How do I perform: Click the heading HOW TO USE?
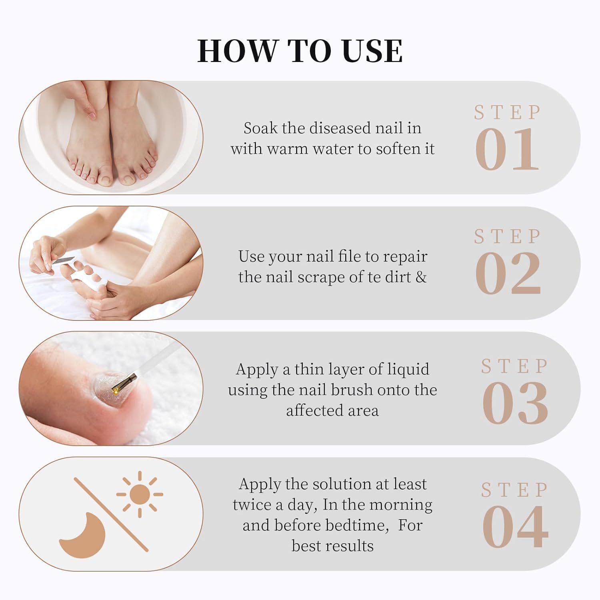(x=300, y=51)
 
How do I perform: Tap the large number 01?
(x=507, y=150)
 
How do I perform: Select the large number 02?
(x=508, y=274)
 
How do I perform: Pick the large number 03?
(x=515, y=403)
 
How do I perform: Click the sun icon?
(x=140, y=494)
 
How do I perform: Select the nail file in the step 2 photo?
(x=64, y=260)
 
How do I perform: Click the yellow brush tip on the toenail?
(x=117, y=387)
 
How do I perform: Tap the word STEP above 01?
(x=507, y=113)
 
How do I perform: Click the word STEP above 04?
(x=514, y=490)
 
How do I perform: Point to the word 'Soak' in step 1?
(x=260, y=128)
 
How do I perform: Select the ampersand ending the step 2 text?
(x=421, y=277)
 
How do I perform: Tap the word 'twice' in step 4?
(x=252, y=505)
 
